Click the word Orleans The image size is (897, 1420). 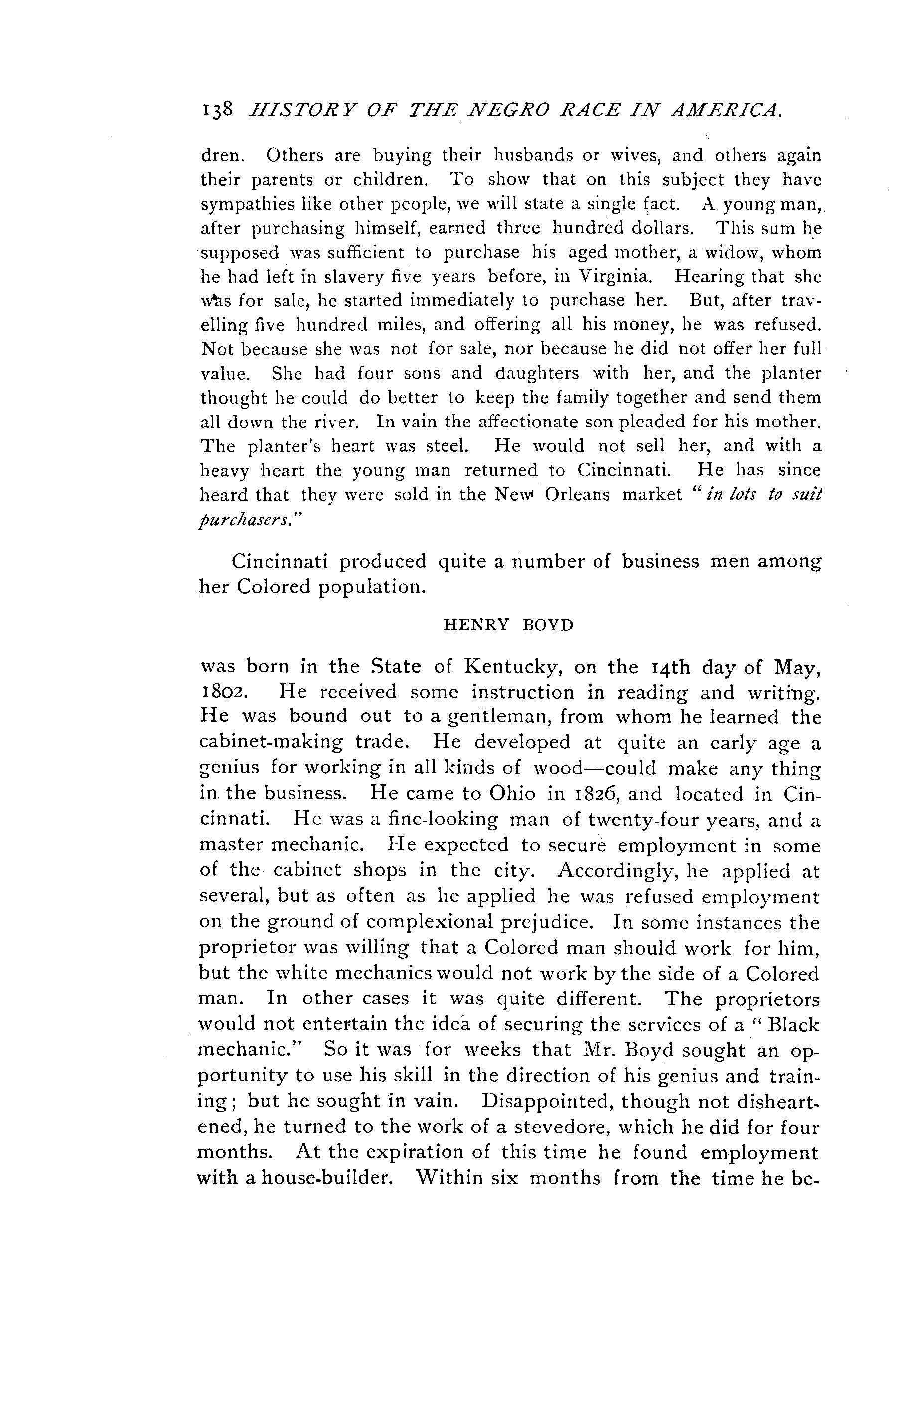(x=578, y=494)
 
